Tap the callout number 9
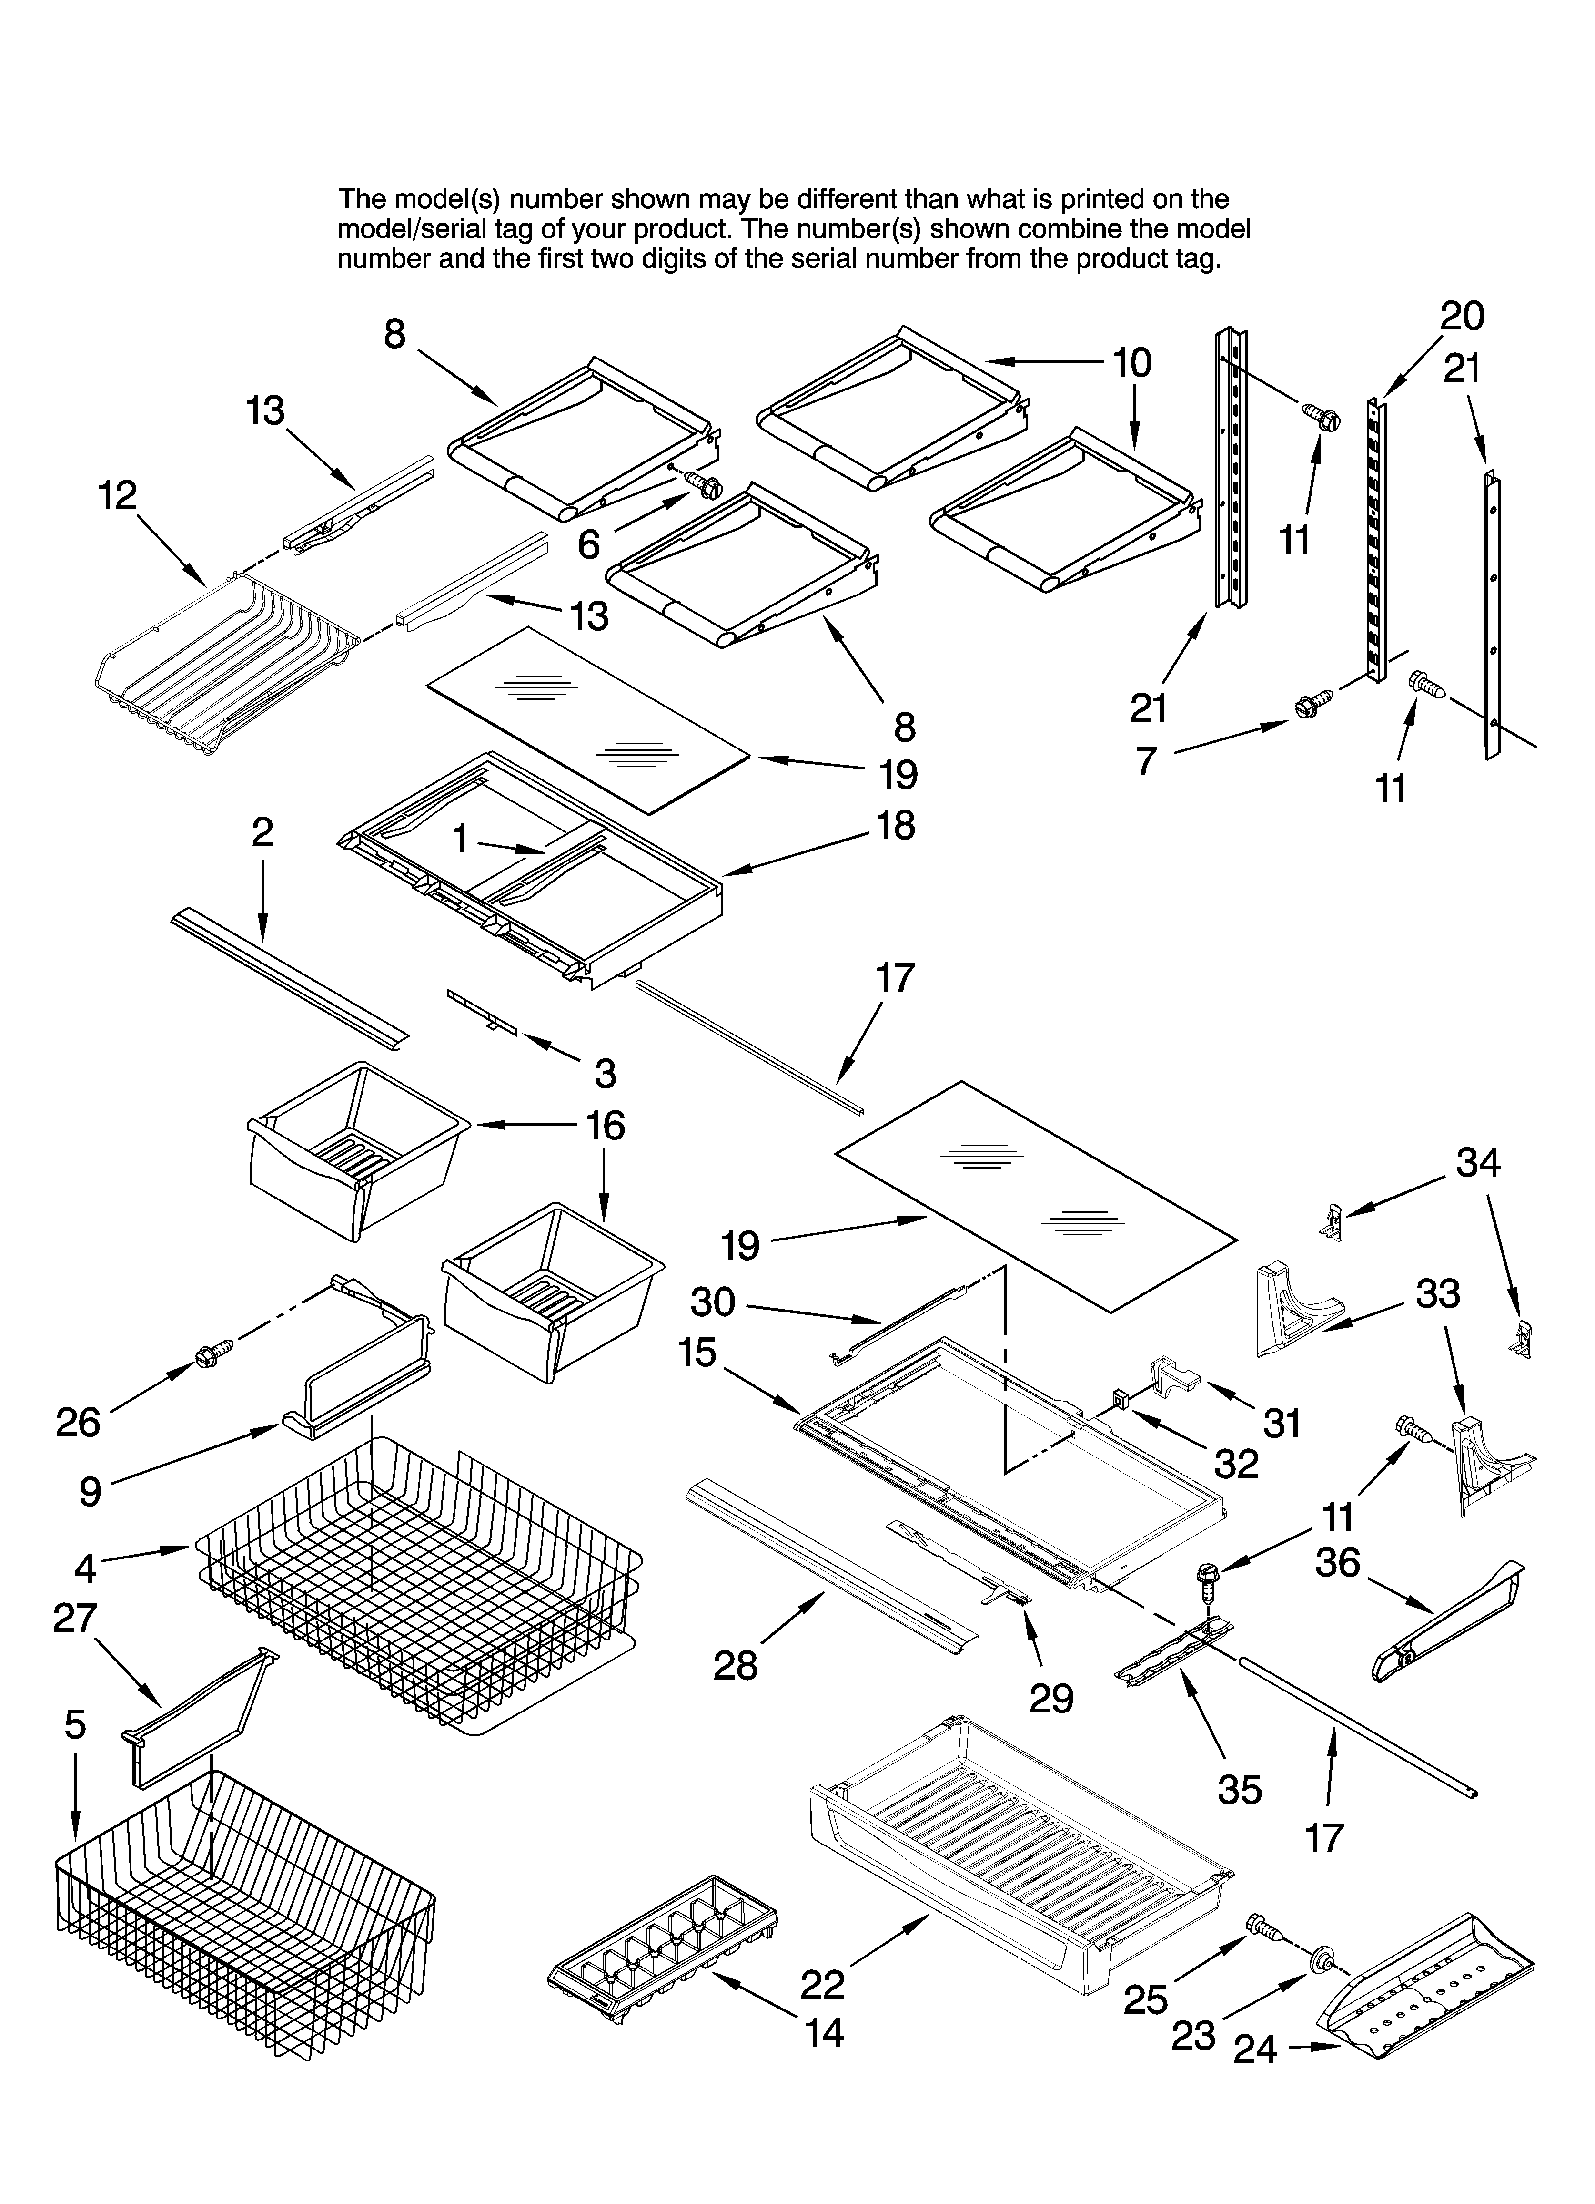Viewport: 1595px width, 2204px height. tap(91, 1491)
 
